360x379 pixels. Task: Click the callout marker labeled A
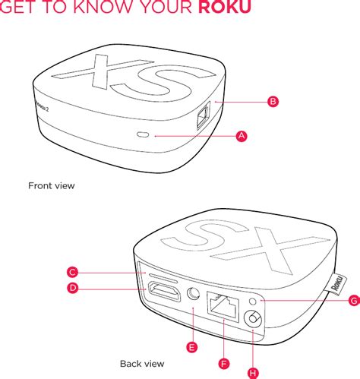tap(242, 135)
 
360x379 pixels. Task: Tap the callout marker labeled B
tap(273, 101)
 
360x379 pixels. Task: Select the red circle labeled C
tap(72, 272)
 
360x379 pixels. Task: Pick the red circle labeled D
tap(72, 288)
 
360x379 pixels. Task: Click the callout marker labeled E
tap(192, 346)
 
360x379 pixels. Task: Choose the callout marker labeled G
tap(353, 301)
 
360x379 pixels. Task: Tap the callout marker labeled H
tap(253, 372)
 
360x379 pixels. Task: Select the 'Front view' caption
tap(52, 185)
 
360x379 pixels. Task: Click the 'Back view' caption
tap(142, 364)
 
